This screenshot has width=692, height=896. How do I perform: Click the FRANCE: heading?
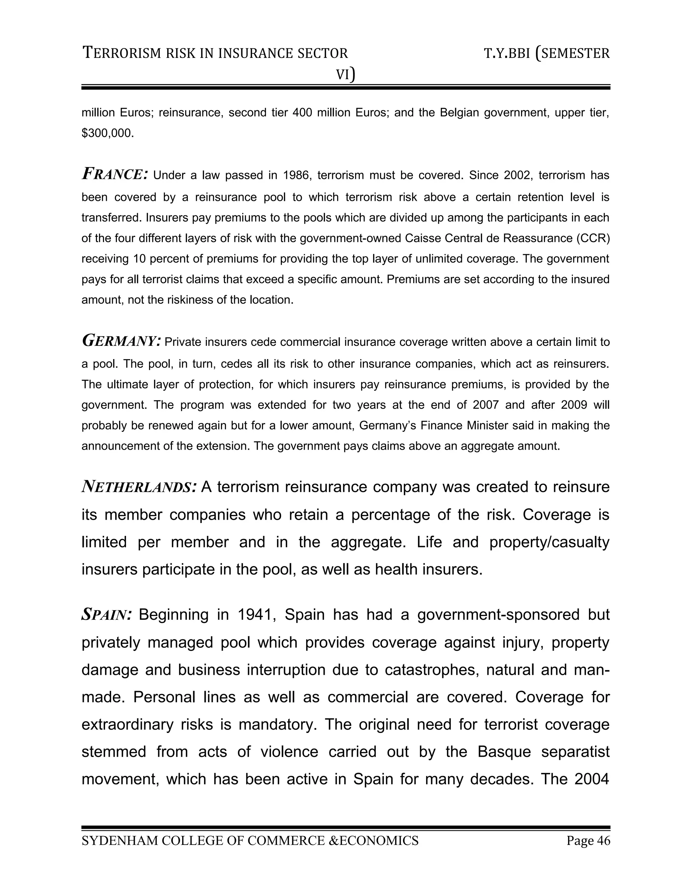coord(115,174)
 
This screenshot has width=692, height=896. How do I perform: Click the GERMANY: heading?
coord(121,341)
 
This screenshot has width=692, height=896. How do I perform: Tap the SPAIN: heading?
coord(106,615)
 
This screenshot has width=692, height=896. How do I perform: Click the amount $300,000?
coord(107,133)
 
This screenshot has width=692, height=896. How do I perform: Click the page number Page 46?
coord(588,841)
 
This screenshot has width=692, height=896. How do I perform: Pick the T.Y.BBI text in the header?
coord(507,54)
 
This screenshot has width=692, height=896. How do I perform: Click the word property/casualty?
coord(549,542)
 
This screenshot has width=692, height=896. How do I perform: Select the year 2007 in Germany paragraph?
coord(486,405)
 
